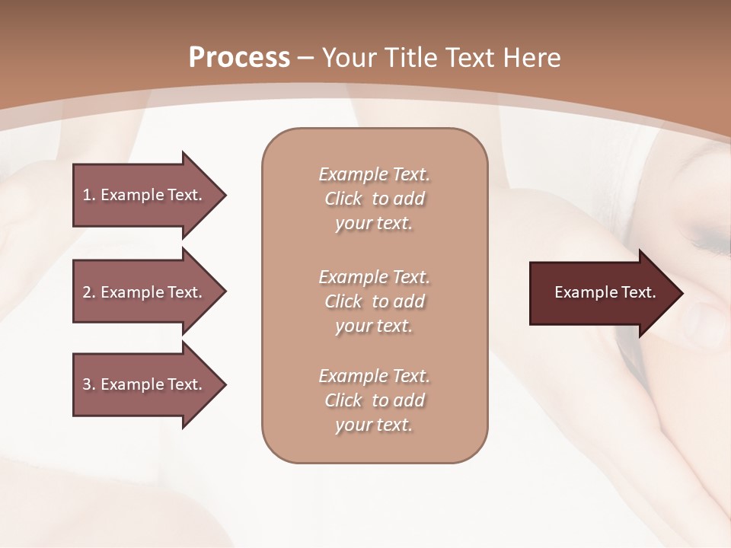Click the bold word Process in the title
click(x=239, y=57)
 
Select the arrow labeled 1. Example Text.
click(x=145, y=195)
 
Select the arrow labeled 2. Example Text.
click(x=145, y=292)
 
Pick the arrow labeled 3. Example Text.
click(x=145, y=384)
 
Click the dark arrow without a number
click(x=602, y=292)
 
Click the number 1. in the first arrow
click(x=88, y=195)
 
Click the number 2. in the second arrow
click(x=88, y=292)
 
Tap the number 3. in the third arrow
click(x=88, y=384)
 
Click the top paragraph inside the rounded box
click(x=374, y=199)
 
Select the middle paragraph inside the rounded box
click(x=374, y=301)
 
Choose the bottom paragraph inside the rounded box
click(x=374, y=400)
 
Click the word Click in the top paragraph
click(x=343, y=199)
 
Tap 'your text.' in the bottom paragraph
click(x=374, y=425)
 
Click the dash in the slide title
click(x=306, y=58)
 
